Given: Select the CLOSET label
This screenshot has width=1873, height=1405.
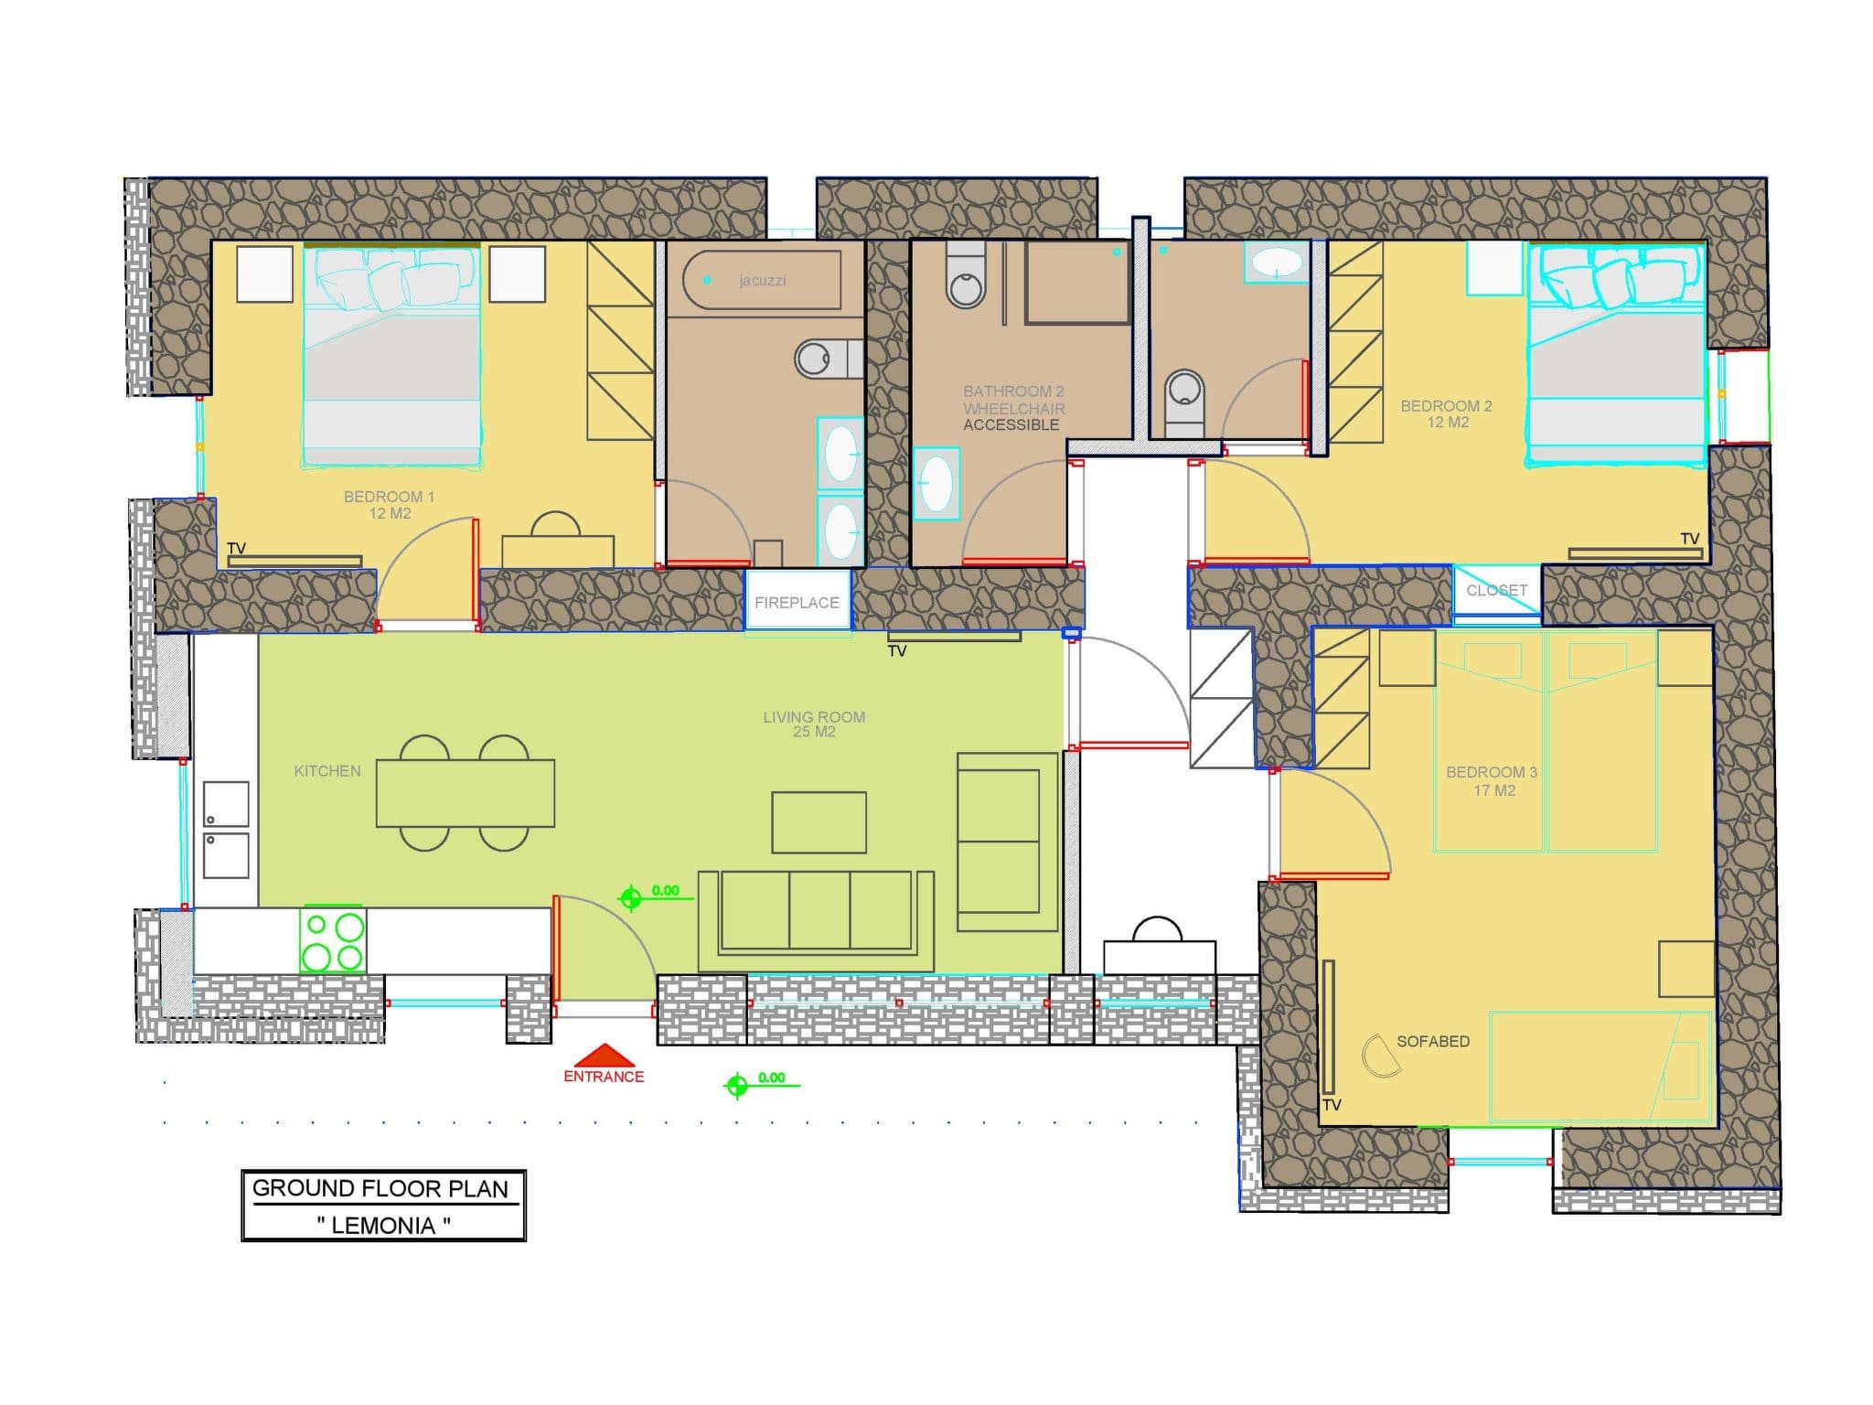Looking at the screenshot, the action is tap(1496, 590).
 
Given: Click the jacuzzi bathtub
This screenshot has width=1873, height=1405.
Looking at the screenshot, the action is tap(762, 280).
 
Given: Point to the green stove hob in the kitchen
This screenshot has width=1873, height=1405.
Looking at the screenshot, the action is tap(333, 941).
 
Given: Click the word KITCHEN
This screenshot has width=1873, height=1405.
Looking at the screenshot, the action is tap(327, 771).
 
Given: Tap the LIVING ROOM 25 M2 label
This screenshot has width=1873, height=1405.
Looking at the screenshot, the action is tap(814, 724).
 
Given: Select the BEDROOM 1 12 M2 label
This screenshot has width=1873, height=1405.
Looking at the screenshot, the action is tap(389, 504).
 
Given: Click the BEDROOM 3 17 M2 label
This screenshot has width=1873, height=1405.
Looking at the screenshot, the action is tap(1492, 780).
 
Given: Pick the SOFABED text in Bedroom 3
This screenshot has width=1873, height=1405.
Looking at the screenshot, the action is tap(1433, 1041).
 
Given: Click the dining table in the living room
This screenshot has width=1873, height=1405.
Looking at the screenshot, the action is tap(466, 793).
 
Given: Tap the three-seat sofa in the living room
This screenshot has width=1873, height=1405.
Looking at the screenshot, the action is tap(816, 920).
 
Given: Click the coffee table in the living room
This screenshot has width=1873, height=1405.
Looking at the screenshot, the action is tap(819, 822).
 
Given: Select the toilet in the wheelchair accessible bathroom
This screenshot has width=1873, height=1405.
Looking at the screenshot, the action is tap(966, 273).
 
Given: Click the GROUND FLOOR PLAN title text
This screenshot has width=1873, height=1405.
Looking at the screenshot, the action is tap(380, 1188).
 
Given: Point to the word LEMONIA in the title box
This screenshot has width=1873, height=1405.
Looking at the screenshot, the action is tap(383, 1226).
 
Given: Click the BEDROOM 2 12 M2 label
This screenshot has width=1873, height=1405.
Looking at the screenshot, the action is tap(1447, 413).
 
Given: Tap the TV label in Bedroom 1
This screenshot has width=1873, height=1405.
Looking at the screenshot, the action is tap(237, 548).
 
